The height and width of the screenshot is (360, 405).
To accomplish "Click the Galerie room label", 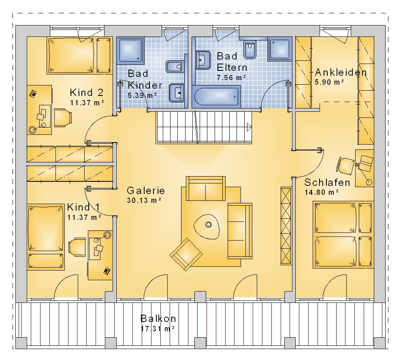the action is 146,191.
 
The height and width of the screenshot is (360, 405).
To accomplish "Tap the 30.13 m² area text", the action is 144,200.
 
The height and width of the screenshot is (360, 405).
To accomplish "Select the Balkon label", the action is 158,318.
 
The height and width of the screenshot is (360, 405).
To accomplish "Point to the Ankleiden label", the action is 341,72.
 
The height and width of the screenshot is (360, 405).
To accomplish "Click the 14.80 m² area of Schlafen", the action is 322,192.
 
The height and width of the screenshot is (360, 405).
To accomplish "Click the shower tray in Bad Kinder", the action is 130,50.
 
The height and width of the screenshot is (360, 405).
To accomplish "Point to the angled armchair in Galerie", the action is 186,254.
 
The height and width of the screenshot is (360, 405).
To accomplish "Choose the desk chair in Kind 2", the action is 63,118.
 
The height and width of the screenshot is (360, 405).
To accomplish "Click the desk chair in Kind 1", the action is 77,247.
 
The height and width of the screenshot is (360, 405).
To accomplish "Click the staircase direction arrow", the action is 249,127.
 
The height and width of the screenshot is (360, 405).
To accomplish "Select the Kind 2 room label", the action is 87,92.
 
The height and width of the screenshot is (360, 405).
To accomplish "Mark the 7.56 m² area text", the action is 231,77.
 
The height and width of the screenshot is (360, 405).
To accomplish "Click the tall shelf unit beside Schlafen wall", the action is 286,226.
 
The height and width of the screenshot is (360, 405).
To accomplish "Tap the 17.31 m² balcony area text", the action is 158,328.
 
